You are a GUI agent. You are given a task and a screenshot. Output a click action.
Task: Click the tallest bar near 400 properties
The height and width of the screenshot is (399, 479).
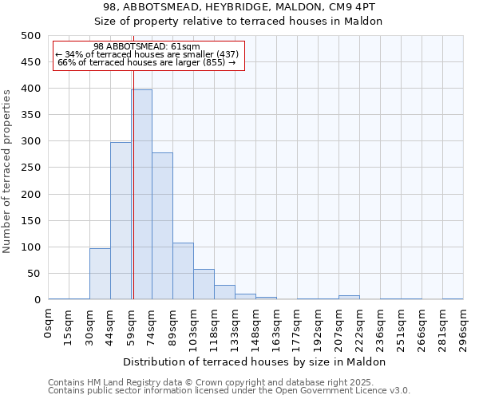pos(141,195)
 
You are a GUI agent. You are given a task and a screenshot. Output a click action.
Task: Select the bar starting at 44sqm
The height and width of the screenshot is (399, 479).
pos(121,221)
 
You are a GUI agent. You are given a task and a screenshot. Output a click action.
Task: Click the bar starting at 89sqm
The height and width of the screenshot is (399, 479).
pos(183,271)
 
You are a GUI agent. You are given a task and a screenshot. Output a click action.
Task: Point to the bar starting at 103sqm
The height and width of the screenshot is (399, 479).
pos(204,284)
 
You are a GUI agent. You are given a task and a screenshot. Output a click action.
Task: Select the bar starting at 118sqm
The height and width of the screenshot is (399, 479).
pos(224,292)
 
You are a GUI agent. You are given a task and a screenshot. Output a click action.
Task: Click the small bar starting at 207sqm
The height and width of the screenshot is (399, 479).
pos(349,298)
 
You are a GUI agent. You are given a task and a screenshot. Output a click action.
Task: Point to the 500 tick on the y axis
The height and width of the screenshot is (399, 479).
pos(30,36)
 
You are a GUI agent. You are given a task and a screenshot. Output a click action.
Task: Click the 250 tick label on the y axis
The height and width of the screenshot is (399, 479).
pos(30,168)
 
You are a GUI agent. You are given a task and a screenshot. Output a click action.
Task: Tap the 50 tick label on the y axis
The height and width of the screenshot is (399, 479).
pos(34,274)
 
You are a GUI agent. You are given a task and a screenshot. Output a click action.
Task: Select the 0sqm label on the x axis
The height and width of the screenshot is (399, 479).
pos(49,324)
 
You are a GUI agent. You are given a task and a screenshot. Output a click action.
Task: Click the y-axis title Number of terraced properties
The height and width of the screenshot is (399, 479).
pos(7,171)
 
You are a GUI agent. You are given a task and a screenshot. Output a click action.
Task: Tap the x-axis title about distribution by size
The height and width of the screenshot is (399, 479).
pos(255,361)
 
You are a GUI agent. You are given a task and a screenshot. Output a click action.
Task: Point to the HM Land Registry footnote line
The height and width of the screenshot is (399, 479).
pos(228,382)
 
